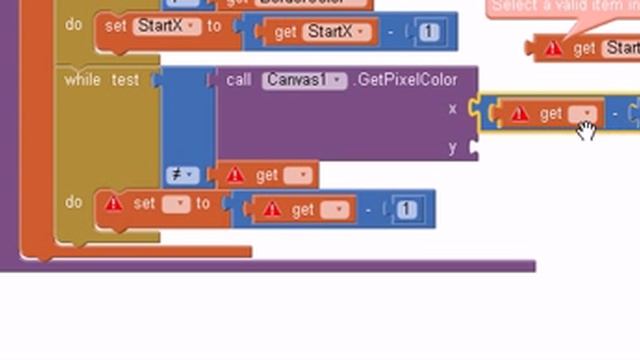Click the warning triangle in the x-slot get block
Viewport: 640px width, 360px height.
pyautogui.click(x=519, y=114)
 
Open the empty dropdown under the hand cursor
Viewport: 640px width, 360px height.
pyautogui.click(x=582, y=114)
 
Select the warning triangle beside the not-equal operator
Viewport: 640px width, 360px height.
pyautogui.click(x=235, y=175)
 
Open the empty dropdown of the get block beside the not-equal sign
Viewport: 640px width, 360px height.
pyautogui.click(x=297, y=175)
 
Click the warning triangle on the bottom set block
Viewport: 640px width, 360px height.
pyautogui.click(x=114, y=203)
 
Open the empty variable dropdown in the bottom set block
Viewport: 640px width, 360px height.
pyautogui.click(x=175, y=203)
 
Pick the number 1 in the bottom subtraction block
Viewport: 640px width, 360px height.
pyautogui.click(x=405, y=209)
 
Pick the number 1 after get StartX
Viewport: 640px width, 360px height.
pyautogui.click(x=428, y=32)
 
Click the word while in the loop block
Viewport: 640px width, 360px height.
pyautogui.click(x=82, y=80)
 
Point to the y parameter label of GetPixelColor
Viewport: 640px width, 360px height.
pyautogui.click(x=453, y=147)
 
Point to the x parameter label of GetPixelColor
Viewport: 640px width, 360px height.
pyautogui.click(x=453, y=107)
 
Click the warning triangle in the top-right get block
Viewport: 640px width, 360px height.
pyautogui.click(x=552, y=48)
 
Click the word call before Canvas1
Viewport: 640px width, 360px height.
pyautogui.click(x=239, y=80)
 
